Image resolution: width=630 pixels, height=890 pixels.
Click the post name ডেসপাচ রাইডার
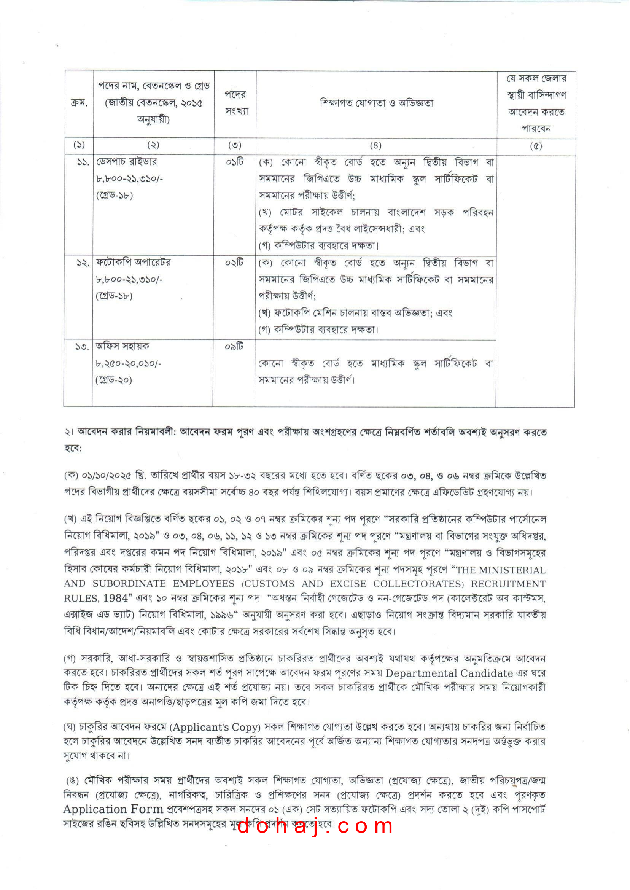[x=126, y=161]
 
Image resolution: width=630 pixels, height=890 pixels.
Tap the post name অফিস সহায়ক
[x=122, y=345]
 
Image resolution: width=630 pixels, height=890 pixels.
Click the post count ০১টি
[x=235, y=162]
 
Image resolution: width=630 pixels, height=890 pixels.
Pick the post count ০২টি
[x=234, y=263]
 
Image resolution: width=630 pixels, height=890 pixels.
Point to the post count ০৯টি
[x=234, y=346]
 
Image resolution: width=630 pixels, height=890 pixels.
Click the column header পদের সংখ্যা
[x=235, y=103]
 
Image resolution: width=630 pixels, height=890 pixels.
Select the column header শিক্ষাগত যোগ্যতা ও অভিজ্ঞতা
[x=376, y=103]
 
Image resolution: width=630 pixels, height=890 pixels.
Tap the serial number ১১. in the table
[x=83, y=162]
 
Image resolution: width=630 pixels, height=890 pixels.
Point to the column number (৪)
[x=375, y=145]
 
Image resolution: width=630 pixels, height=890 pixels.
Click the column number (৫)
[x=536, y=146]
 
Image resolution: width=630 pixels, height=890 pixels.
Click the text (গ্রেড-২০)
[x=114, y=380]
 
